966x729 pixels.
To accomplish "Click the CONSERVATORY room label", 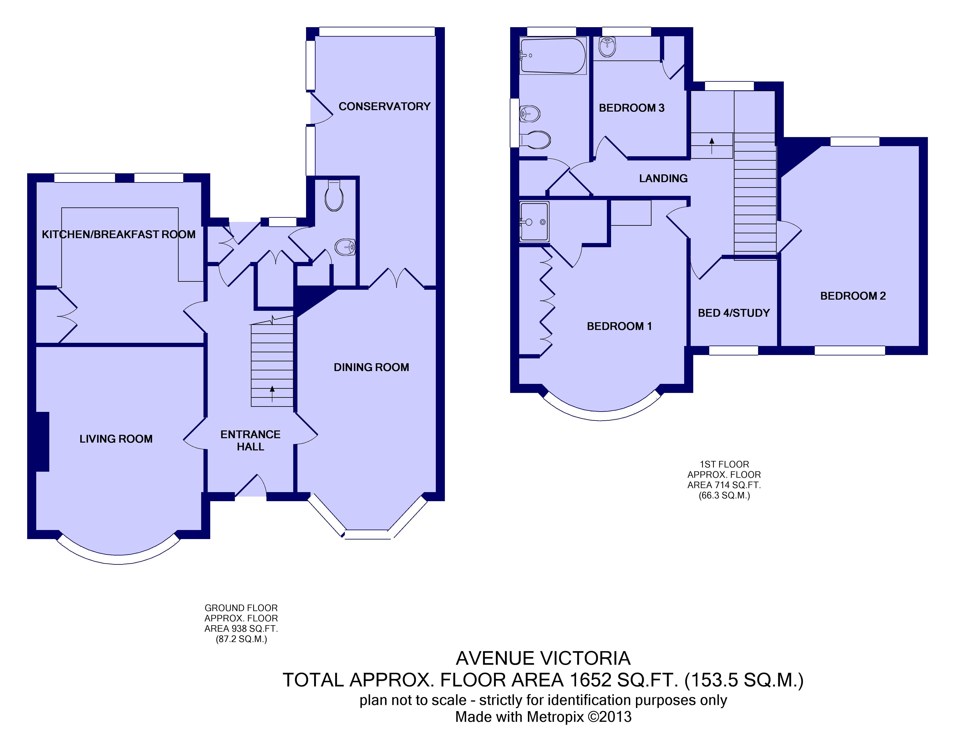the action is pos(384,107).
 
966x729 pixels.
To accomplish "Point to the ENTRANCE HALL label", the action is pos(250,441).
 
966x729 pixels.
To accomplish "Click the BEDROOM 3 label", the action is pos(632,108).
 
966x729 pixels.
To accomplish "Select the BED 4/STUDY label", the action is pos(734,313).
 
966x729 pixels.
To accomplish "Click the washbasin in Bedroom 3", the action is pos(607,47).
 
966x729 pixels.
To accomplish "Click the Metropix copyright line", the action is pos(543,717).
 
